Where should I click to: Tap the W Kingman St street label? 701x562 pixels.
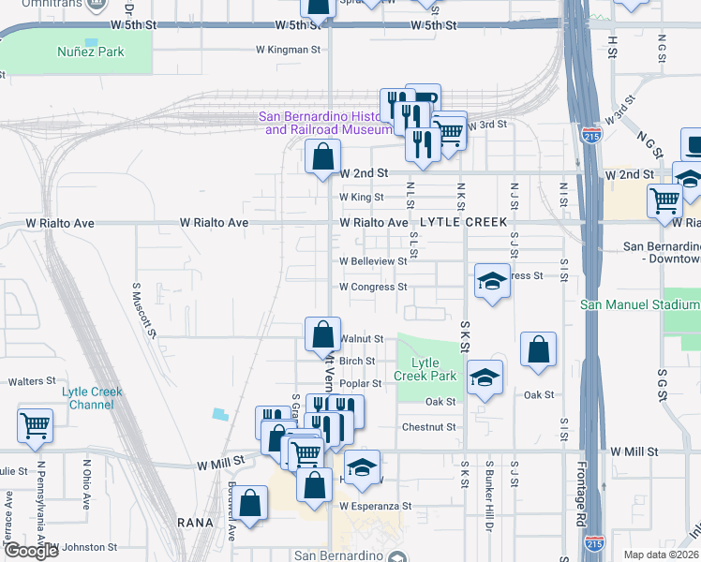click(x=289, y=50)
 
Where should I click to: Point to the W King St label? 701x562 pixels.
click(x=362, y=198)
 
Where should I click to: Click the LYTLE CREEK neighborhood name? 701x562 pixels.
click(x=464, y=222)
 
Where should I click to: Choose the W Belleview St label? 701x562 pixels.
click(x=373, y=261)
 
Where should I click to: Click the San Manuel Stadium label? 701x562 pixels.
click(x=640, y=304)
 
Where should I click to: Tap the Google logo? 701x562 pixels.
click(x=31, y=550)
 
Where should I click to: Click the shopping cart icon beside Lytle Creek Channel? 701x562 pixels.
click(x=35, y=425)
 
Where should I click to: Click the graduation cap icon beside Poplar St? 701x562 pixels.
click(x=483, y=377)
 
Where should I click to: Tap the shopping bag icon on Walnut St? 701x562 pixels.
click(x=322, y=334)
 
